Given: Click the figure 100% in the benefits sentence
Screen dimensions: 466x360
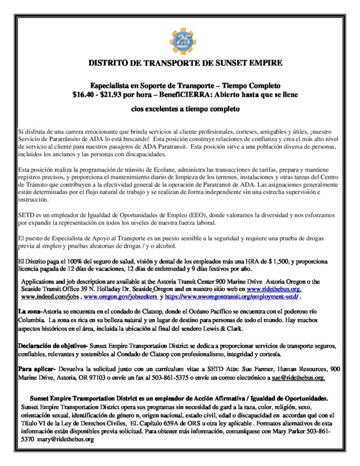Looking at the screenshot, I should [69, 262].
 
